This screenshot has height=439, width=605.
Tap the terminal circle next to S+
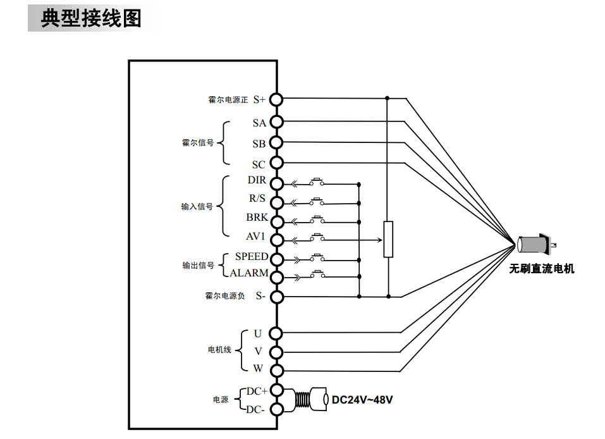[x=276, y=99]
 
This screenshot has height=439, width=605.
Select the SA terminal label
[x=259, y=123]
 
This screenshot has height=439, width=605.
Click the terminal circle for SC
[x=276, y=163]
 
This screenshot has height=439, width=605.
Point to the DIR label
[x=257, y=180]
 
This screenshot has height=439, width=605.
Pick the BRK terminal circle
[x=276, y=221]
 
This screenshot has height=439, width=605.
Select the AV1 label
[x=255, y=237]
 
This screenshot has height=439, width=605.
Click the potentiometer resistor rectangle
[x=388, y=239]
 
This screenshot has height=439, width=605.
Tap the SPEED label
[x=252, y=257]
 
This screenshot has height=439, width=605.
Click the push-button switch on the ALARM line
[x=317, y=275]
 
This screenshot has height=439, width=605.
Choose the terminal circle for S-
[x=276, y=295]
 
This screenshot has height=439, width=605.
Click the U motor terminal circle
[x=276, y=333]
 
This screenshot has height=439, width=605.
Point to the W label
[x=258, y=368]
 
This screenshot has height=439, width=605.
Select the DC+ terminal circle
[x=276, y=392]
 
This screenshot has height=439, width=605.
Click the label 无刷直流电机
[x=542, y=269]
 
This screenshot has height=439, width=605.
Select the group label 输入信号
[x=197, y=207]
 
